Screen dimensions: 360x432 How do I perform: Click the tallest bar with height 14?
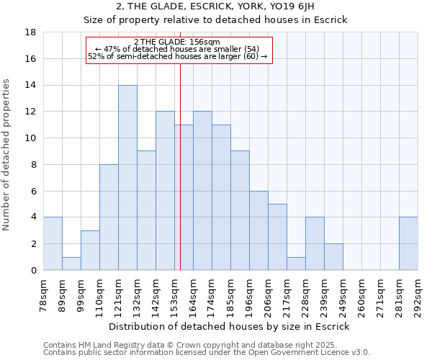[127, 178]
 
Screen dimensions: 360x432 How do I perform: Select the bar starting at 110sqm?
[109, 217]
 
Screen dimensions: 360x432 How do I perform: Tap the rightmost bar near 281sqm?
[408, 243]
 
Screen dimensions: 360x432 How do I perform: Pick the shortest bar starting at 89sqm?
[71, 264]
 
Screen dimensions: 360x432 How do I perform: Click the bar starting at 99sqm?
[90, 251]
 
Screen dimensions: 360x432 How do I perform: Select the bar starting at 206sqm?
[277, 237]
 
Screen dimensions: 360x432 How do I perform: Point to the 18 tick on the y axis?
[30, 32]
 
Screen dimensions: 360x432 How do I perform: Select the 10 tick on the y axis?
[30, 138]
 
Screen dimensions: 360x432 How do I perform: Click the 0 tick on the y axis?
[33, 270]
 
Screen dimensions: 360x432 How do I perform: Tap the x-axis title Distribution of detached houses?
[230, 326]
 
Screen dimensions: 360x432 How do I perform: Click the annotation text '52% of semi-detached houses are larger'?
[177, 56]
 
